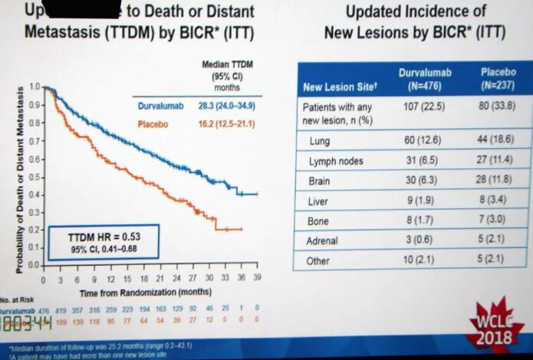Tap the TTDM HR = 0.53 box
(x=104, y=242)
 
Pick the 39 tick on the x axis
(x=257, y=279)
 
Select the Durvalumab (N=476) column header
(x=425, y=78)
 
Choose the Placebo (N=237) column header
(x=498, y=78)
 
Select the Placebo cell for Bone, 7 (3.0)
(x=496, y=221)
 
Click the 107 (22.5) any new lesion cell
(x=423, y=107)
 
